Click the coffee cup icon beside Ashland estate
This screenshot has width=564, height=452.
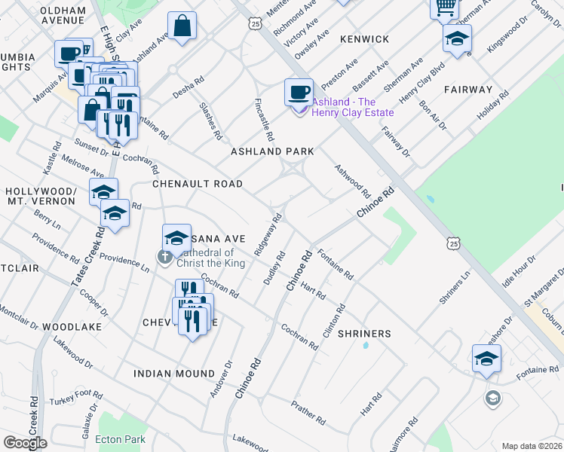click(x=299, y=92)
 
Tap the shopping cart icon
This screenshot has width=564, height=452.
click(x=445, y=8)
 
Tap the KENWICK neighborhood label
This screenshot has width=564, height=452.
click(x=364, y=39)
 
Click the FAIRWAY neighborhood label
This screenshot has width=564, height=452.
click(x=467, y=90)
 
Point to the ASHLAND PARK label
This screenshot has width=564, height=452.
click(x=271, y=151)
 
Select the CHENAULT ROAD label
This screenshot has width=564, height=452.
click(x=198, y=184)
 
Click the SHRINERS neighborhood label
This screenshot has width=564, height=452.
click(x=364, y=334)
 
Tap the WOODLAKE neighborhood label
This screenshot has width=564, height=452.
click(x=72, y=327)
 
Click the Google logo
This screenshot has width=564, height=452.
click(x=25, y=443)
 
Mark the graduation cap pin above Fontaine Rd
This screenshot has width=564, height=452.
click(x=486, y=359)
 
